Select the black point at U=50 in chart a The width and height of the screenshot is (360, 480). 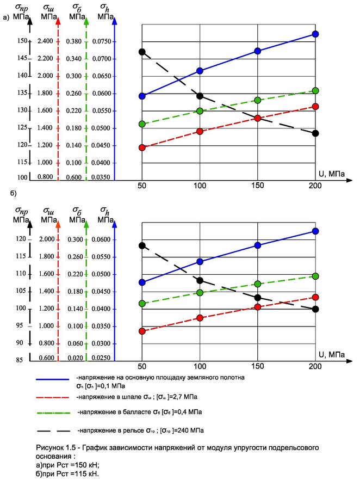[142, 52]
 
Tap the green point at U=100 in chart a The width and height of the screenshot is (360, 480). [200, 111]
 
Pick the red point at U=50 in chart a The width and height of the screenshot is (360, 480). [142, 147]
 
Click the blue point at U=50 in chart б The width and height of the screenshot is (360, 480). [142, 282]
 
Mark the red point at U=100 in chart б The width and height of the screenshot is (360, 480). [200, 317]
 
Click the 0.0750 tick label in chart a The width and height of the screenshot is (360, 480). [103, 41]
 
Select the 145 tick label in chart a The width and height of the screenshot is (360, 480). [21, 58]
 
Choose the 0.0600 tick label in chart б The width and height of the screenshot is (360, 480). [103, 239]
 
